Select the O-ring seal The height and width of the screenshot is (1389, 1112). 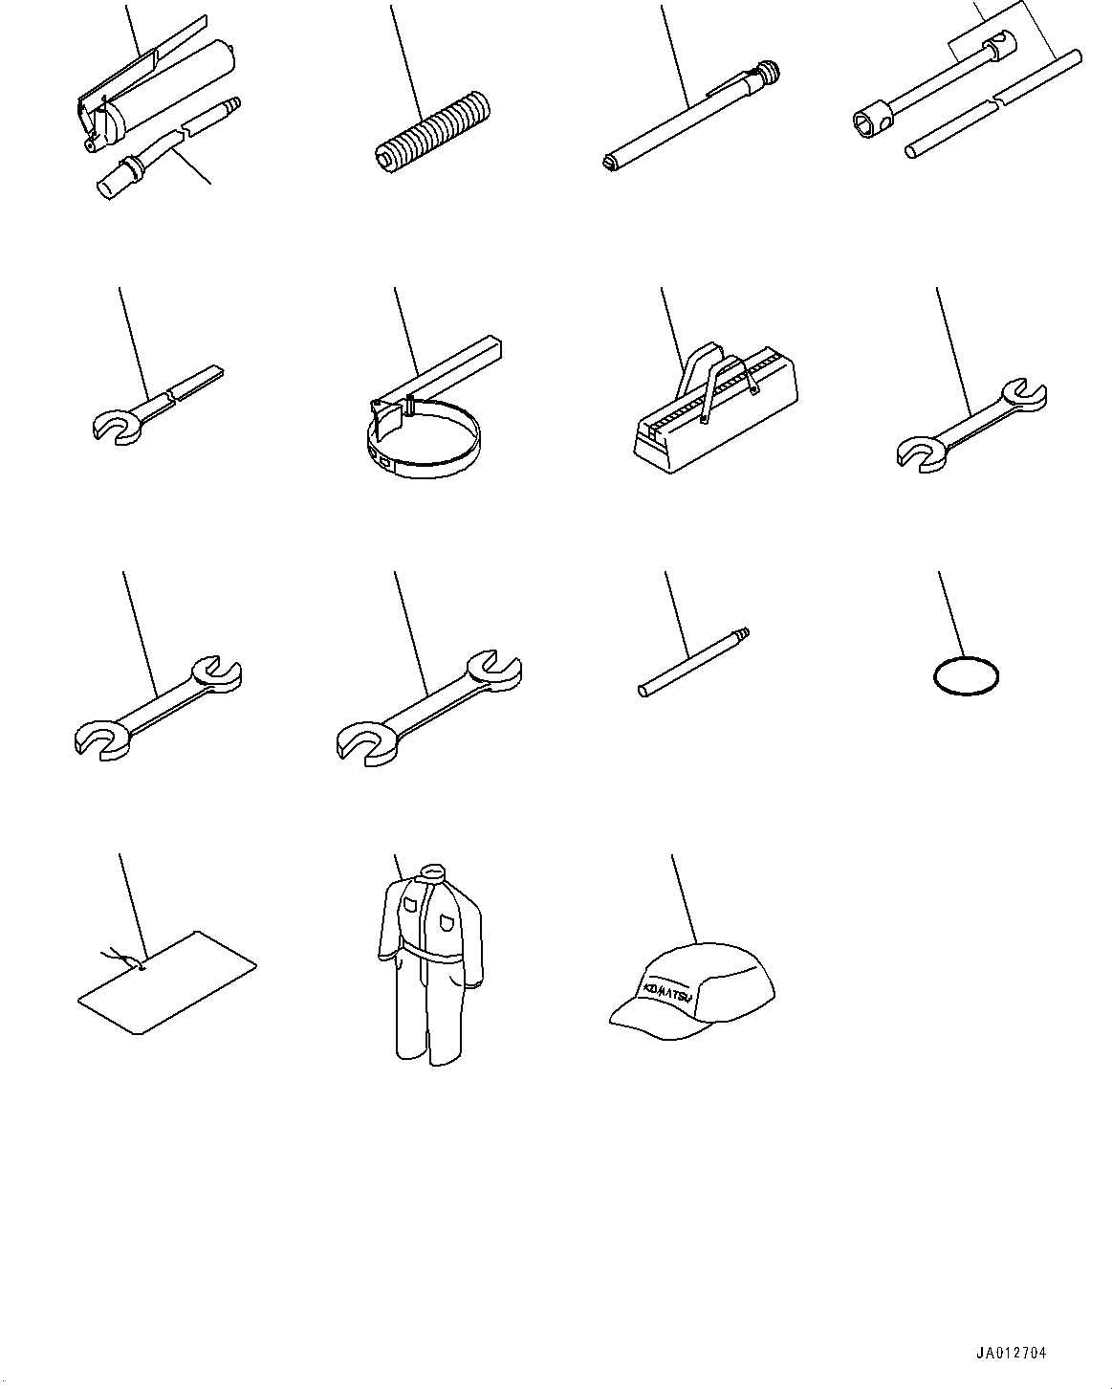click(x=966, y=676)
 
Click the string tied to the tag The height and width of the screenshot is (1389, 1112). click(x=121, y=959)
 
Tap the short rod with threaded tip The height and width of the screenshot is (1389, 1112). click(x=694, y=662)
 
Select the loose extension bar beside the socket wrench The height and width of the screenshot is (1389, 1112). click(x=993, y=104)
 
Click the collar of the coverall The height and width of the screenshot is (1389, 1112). click(x=430, y=871)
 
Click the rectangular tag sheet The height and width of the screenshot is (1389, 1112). click(x=167, y=982)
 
